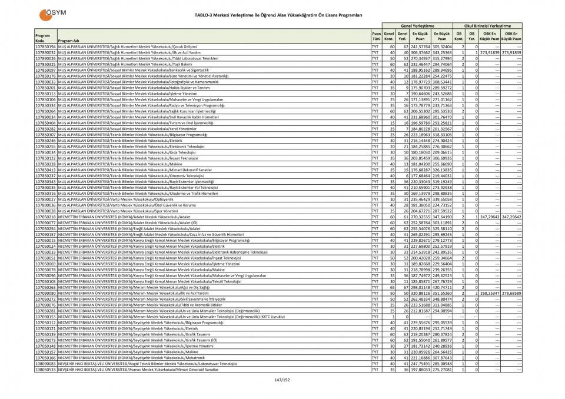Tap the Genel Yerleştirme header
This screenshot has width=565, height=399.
click(x=417, y=26)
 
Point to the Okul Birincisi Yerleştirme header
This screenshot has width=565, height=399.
click(x=487, y=26)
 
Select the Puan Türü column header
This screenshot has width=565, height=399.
click(x=375, y=36)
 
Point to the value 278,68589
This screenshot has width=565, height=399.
click(x=511, y=293)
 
